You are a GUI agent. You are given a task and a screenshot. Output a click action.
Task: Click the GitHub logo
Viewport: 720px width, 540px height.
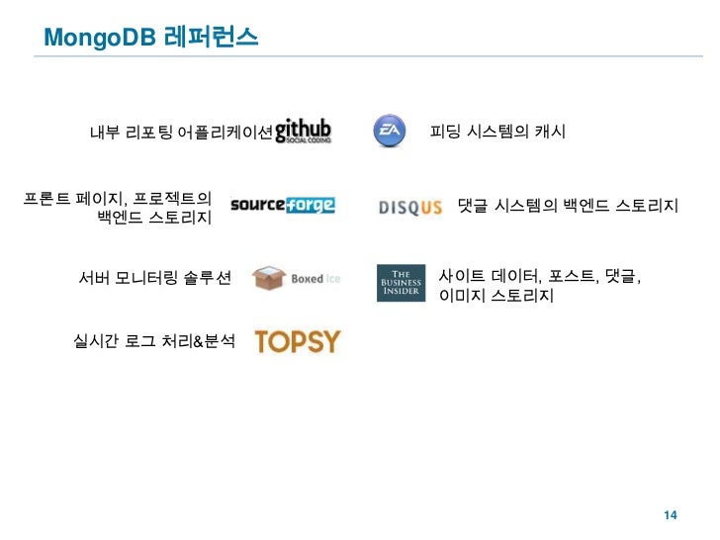coord(303,131)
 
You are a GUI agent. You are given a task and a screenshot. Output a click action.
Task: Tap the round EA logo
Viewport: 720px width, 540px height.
coord(388,131)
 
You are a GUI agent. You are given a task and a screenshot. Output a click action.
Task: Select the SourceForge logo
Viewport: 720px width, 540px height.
coord(282,206)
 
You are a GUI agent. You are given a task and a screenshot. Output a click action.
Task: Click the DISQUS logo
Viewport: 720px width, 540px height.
coord(409,207)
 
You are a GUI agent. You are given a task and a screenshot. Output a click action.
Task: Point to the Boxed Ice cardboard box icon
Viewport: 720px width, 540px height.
coord(269,279)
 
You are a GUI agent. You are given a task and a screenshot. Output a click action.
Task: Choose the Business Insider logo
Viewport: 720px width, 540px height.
coord(401,282)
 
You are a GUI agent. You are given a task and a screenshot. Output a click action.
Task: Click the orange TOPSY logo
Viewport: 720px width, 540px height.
coord(297,341)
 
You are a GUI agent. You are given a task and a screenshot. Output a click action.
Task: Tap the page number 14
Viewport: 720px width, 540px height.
coord(670,516)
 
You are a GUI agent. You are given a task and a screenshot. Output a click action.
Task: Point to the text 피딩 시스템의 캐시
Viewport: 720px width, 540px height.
coord(497,131)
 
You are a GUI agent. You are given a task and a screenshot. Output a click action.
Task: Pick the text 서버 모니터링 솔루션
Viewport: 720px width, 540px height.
coord(155,279)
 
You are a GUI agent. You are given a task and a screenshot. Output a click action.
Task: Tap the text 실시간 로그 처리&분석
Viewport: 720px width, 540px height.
coord(155,341)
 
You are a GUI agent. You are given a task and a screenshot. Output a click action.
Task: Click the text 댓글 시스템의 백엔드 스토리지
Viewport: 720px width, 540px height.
coord(568,207)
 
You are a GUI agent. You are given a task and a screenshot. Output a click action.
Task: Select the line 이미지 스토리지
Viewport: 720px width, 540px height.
coord(496,296)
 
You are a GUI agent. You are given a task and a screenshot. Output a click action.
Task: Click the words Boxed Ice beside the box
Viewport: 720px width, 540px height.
coord(315,279)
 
